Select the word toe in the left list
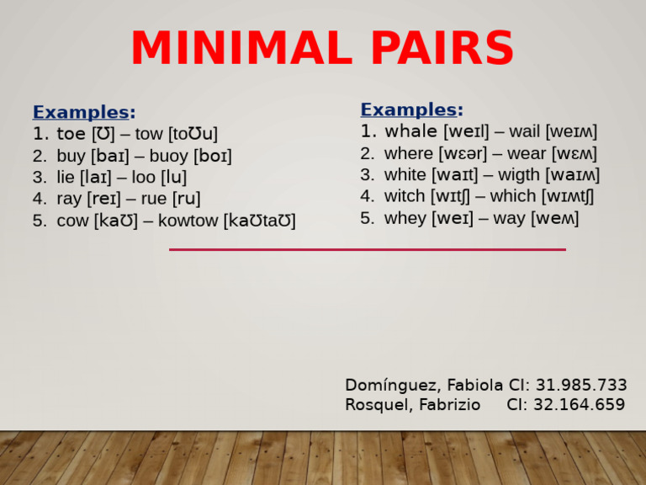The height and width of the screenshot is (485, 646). click(71, 134)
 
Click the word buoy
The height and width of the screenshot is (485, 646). click(168, 156)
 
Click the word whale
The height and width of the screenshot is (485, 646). click(410, 131)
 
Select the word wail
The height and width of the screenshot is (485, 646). click(524, 131)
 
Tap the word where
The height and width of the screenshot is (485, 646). click(408, 153)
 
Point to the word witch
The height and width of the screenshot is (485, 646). click(405, 196)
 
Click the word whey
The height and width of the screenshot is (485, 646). click(405, 218)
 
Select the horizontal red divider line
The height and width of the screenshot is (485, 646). click(368, 249)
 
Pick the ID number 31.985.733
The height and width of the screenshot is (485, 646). click(581, 385)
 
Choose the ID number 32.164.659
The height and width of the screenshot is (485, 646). click(581, 404)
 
